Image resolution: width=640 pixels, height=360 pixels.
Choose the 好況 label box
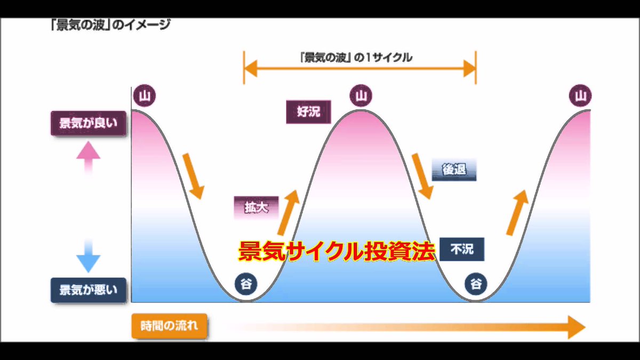click(308, 112)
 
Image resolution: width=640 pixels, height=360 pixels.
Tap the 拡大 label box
click(257, 208)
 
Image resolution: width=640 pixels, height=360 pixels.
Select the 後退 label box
click(454, 170)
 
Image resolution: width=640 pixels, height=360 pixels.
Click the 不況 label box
click(462, 249)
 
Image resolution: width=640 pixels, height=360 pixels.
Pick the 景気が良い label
click(89, 124)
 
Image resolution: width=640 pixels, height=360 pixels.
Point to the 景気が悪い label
click(89, 290)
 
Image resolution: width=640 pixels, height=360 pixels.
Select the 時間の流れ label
click(169, 325)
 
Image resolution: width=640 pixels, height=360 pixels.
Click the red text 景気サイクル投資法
click(337, 250)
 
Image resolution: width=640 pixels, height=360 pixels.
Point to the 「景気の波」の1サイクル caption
click(356, 58)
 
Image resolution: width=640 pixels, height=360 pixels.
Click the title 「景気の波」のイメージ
click(111, 25)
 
